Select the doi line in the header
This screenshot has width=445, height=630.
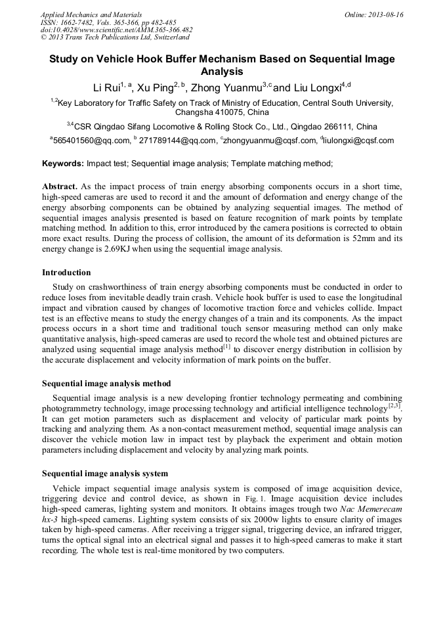[x=116, y=30]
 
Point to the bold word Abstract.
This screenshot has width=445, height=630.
[x=60, y=187]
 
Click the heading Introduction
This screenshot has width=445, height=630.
[x=66, y=272]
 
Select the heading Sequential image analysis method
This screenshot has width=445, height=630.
[x=106, y=383]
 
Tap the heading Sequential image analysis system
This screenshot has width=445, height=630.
[x=105, y=473]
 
